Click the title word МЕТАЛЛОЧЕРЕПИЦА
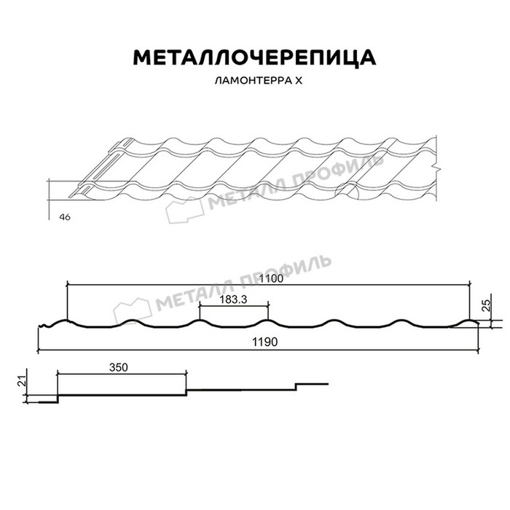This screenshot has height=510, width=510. tap(254, 58)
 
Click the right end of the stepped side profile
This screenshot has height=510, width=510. tap(329, 383)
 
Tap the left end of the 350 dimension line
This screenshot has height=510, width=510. tap(57, 374)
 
